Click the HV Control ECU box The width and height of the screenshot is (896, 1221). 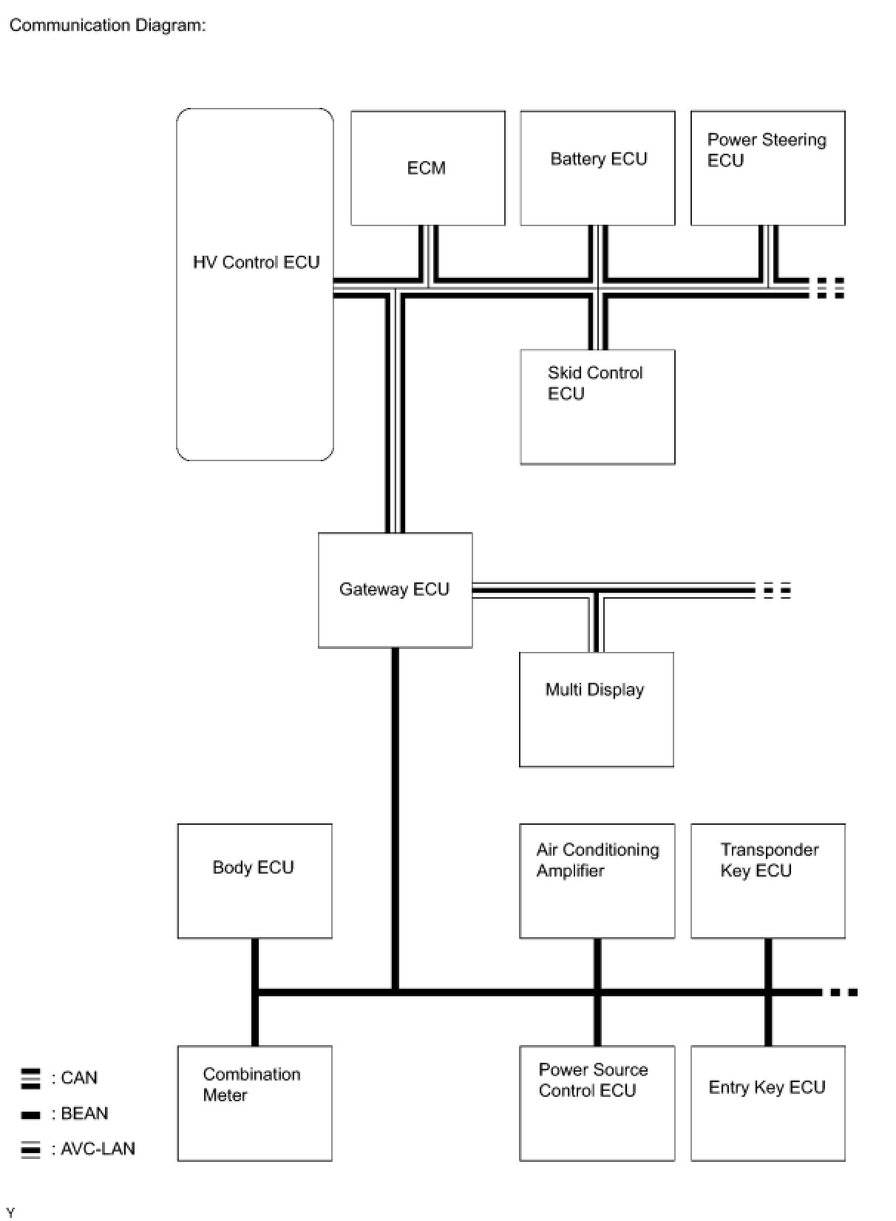pos(254,284)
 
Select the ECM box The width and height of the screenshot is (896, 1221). pos(427,168)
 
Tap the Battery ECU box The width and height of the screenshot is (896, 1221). pos(597,168)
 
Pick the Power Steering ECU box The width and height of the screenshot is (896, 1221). pos(768,168)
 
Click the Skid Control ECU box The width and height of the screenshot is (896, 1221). pos(597,407)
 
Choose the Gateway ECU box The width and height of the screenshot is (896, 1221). pos(396,590)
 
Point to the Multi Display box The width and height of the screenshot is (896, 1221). pos(597,709)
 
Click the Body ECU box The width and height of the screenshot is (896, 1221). pos(254,881)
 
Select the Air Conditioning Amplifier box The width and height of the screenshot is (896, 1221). pos(597,881)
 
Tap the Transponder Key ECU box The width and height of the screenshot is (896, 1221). pos(768,881)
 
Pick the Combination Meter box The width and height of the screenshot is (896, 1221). pos(254,1103)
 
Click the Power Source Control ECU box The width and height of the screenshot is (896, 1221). pos(597,1103)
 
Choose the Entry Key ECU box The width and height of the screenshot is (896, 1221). pos(768,1103)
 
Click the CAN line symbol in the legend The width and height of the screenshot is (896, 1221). pos(30,1079)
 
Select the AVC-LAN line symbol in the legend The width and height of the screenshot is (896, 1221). pos(30,1149)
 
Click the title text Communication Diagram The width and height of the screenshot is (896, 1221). pos(107,25)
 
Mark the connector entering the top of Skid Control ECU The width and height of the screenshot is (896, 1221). pos(597,322)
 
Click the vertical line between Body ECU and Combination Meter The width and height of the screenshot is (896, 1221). pos(254,992)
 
